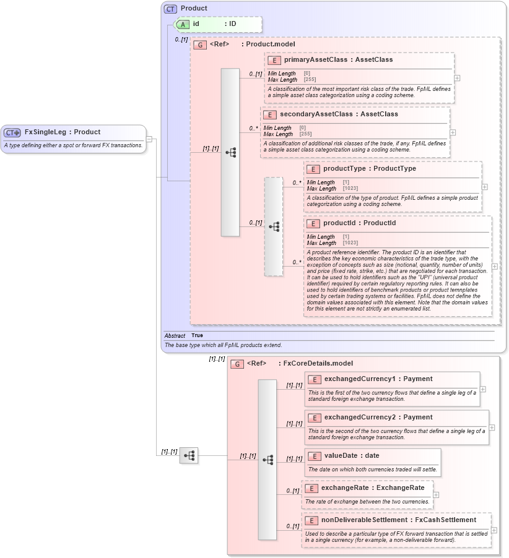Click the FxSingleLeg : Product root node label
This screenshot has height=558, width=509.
[62, 132]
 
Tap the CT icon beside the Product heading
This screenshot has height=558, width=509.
[170, 9]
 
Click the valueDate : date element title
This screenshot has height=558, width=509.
[352, 456]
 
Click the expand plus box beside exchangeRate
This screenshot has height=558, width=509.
[436, 495]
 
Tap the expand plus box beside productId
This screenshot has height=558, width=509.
[494, 267]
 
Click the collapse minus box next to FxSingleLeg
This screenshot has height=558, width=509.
[149, 139]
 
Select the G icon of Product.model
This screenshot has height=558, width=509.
[199, 45]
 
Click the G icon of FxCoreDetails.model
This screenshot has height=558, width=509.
[237, 364]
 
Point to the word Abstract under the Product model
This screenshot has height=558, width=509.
[175, 335]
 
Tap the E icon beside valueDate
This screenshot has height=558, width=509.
[314, 456]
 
